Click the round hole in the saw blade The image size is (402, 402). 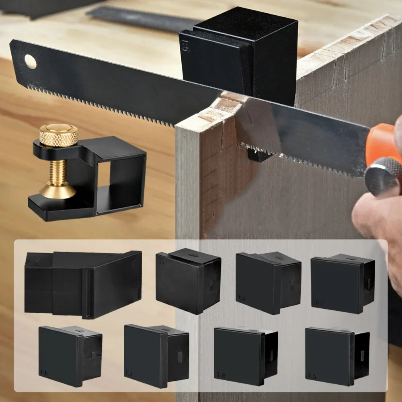[x=30, y=62]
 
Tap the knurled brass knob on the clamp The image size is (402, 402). [x=58, y=135]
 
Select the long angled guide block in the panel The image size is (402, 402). [x=82, y=283]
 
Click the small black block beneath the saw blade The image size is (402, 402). [x=258, y=155]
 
